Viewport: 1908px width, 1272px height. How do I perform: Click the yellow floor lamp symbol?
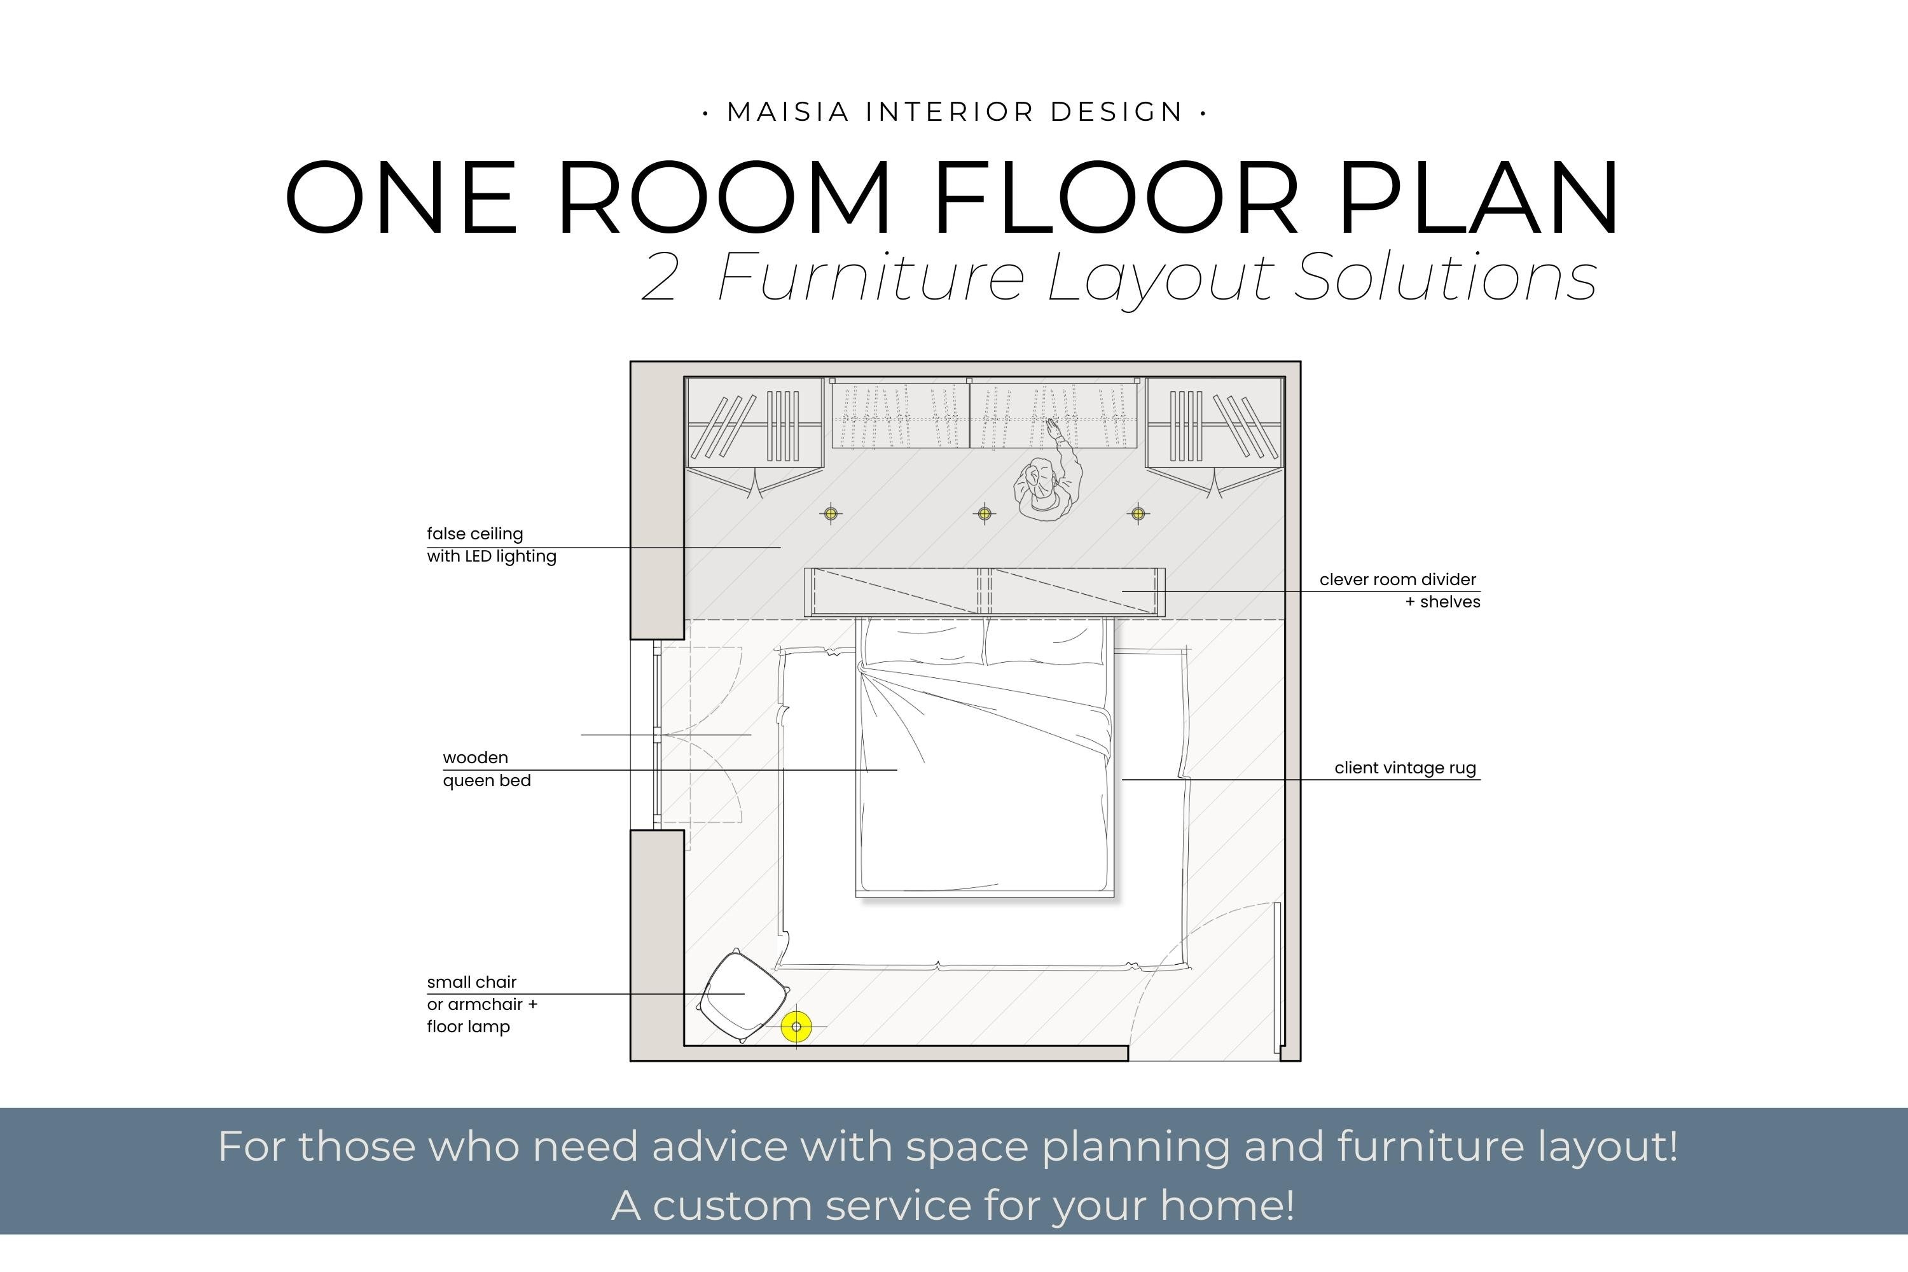click(x=796, y=1027)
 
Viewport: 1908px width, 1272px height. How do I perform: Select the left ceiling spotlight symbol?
click(x=831, y=513)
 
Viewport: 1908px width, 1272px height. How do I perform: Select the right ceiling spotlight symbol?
click(x=1138, y=513)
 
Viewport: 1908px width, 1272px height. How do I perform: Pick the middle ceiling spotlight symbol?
click(x=984, y=513)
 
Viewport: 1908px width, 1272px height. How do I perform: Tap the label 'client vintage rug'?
click(x=1404, y=768)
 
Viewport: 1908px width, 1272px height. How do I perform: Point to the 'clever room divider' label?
click(x=1397, y=579)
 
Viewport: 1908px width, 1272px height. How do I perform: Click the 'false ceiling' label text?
click(x=474, y=534)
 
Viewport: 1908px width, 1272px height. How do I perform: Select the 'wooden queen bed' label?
click(x=486, y=769)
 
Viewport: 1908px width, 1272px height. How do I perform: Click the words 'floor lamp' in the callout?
click(x=468, y=1027)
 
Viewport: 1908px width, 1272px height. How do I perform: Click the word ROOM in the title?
click(x=724, y=198)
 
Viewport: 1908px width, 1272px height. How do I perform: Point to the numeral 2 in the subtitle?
click(x=659, y=279)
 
